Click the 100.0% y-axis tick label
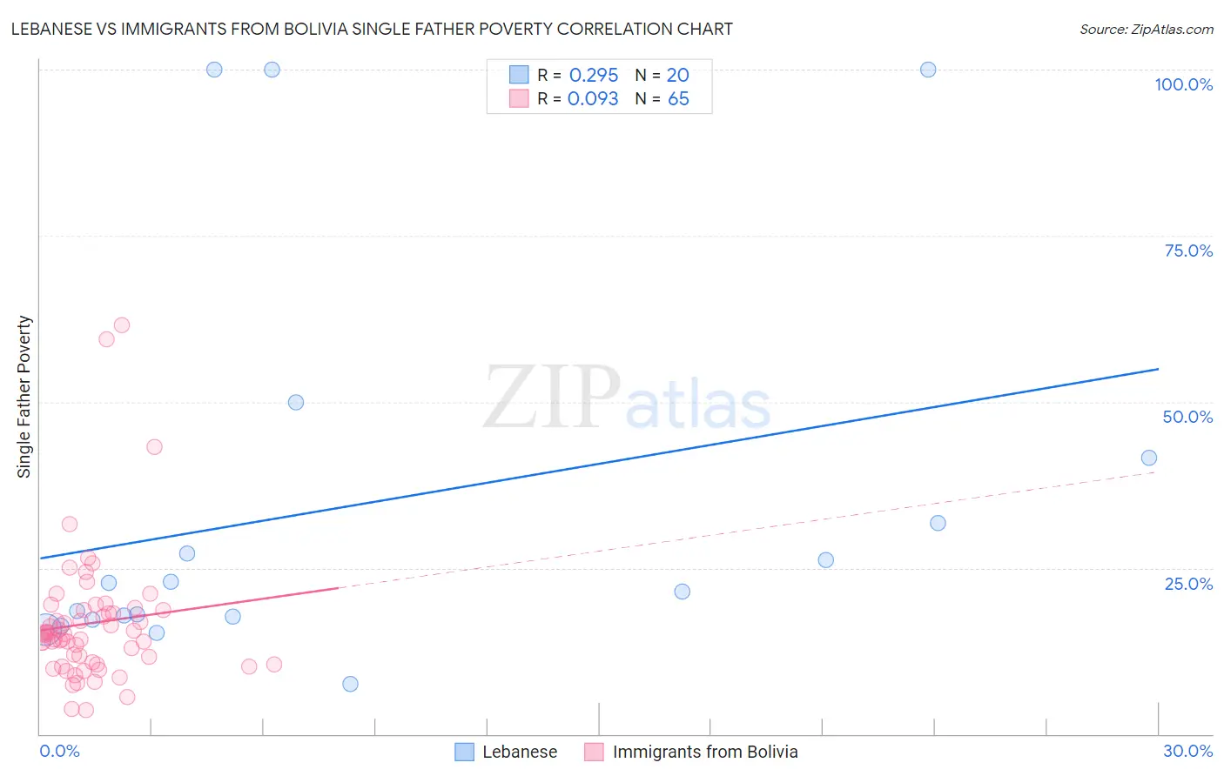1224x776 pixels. pos(1183,84)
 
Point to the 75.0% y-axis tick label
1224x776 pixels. pos(1188,251)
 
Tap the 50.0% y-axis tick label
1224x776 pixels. pos(1187,417)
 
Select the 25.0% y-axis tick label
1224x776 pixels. pos(1188,584)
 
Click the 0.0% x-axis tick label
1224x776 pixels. pos(59,751)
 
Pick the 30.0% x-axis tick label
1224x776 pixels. pos(1187,751)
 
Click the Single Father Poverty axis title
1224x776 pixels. pos(24,397)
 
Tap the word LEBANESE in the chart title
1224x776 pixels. pos(53,29)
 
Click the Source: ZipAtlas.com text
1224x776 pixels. pos(1146,29)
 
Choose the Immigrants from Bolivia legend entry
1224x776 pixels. pos(691,752)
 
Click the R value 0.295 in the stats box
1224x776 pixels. pos(593,75)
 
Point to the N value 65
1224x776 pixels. pos(678,99)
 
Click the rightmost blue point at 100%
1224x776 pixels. pos(928,70)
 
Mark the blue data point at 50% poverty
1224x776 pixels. pos(296,402)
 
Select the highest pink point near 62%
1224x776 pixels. pos(122,324)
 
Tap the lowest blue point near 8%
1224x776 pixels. pos(350,684)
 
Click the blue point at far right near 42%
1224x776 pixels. pos(1149,458)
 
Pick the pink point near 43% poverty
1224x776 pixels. pos(154,446)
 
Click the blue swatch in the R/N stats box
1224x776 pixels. pos(519,75)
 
